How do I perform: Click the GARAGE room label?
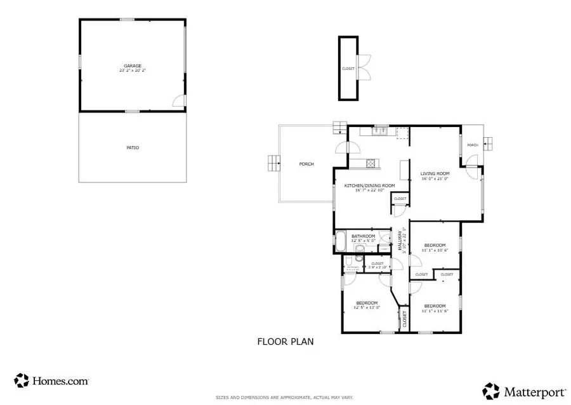(132, 65)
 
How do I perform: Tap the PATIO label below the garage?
(132, 148)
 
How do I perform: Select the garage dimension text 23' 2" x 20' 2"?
(132, 70)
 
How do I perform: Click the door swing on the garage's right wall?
(179, 100)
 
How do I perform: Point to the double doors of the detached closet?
(364, 67)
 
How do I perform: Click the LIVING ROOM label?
(435, 173)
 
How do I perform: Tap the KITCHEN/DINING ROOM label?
(369, 185)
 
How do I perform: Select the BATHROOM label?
(364, 236)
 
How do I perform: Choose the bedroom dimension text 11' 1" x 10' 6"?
(435, 250)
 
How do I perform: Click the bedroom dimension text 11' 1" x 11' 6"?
(435, 310)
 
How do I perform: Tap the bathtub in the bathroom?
(341, 242)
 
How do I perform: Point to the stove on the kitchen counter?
(371, 163)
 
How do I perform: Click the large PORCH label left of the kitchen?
(306, 164)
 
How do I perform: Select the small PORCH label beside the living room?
(472, 145)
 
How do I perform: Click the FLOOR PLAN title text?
(285, 342)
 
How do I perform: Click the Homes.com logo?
(51, 381)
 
